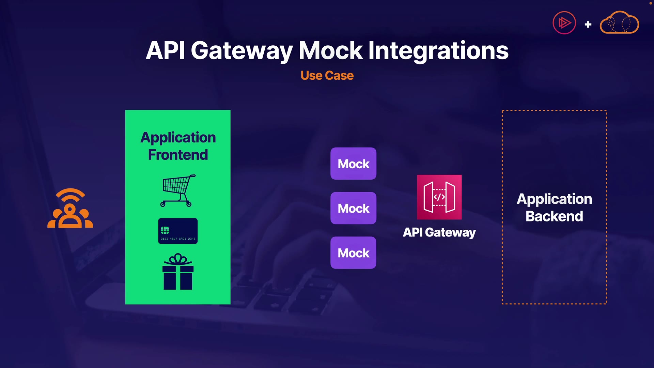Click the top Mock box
[353, 164]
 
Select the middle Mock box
[353, 208]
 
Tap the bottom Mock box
[353, 253]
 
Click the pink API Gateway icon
[439, 197]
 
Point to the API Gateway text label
[439, 232]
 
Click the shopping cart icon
[178, 190]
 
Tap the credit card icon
[178, 231]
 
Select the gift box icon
[178, 272]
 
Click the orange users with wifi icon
[70, 208]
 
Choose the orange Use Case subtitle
[327, 75]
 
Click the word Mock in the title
[330, 50]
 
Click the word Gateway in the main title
[242, 50]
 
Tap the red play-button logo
[564, 23]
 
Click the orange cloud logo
[619, 23]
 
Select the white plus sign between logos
[588, 25]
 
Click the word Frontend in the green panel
[178, 155]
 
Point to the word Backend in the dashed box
[554, 216]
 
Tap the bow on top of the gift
[178, 259]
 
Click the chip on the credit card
[165, 230]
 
